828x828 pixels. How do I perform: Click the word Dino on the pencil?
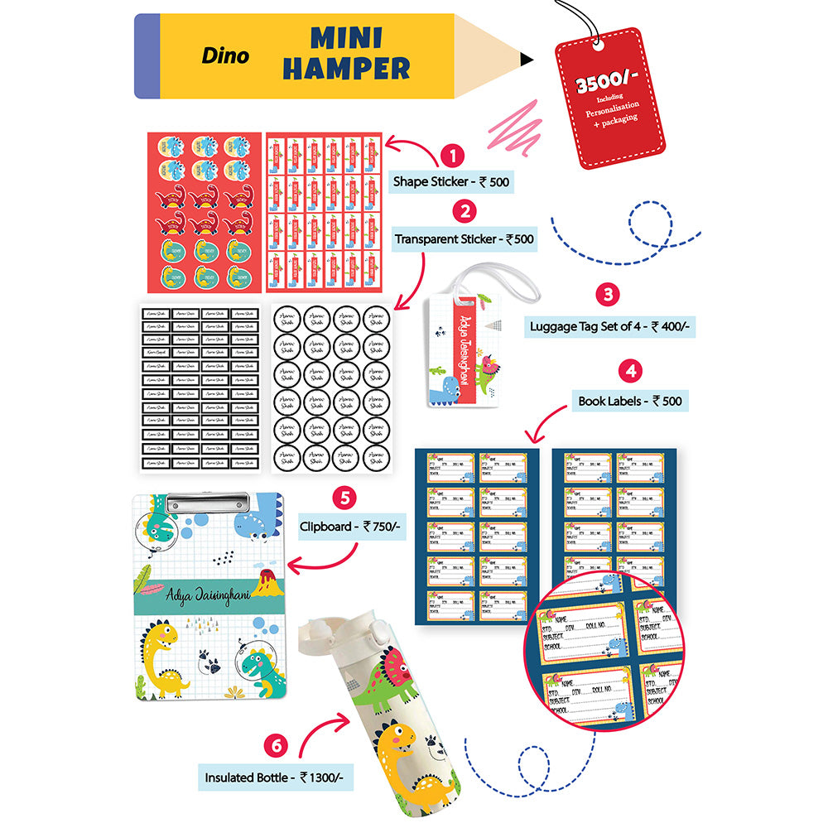224,57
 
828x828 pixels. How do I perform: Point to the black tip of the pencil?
527,58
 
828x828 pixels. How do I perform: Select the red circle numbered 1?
451,155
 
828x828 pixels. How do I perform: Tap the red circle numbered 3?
609,294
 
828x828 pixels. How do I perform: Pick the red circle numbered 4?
632,369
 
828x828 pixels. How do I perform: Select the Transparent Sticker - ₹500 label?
464,240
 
